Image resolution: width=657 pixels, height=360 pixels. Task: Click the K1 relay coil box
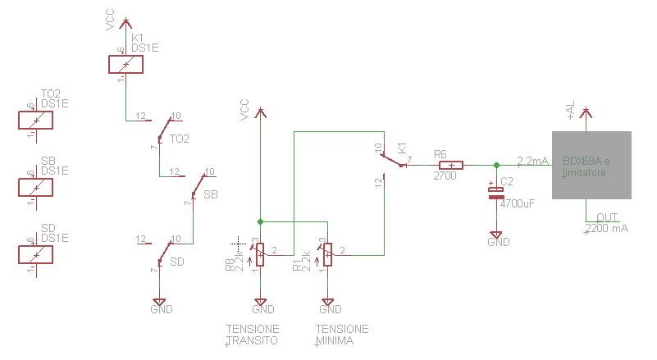click(125, 65)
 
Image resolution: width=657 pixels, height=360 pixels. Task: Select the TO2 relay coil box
click(35, 120)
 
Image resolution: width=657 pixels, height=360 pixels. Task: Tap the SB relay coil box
click(35, 187)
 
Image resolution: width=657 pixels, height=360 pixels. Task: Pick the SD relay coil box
click(35, 254)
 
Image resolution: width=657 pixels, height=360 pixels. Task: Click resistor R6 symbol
click(450, 165)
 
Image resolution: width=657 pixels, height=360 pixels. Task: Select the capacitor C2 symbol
click(496, 193)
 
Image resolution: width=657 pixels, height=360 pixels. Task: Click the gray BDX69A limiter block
click(591, 165)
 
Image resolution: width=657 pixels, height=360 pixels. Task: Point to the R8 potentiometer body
click(260, 254)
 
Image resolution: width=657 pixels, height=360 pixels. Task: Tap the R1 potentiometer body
click(327, 254)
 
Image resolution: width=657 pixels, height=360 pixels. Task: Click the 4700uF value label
click(517, 203)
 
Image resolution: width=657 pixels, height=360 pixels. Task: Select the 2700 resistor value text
click(444, 175)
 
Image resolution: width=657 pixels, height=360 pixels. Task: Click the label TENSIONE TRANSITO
click(253, 335)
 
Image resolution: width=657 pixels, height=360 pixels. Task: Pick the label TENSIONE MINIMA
click(341, 335)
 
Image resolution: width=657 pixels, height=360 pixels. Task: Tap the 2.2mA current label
click(532, 161)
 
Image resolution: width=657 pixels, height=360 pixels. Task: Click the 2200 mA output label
click(607, 228)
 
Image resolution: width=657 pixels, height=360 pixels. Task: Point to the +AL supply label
click(571, 110)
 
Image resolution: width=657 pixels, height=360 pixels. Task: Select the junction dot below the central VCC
click(260, 221)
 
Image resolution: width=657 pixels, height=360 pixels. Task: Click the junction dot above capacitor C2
click(496, 165)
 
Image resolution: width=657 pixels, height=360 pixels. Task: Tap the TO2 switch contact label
click(180, 139)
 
